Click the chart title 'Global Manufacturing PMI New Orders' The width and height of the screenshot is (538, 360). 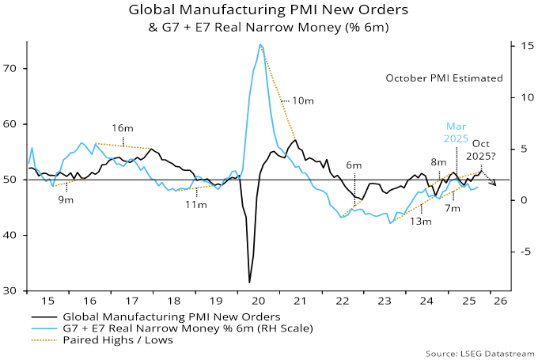tap(269, 12)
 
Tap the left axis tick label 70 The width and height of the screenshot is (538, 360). tap(14, 68)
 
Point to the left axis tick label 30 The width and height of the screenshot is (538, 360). tap(14, 291)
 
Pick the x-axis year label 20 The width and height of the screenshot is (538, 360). tap(256, 301)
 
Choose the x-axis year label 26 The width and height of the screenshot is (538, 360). tap(500, 301)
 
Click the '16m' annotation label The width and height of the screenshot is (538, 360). tap(122, 128)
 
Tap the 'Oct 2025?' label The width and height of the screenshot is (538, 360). tap(482, 150)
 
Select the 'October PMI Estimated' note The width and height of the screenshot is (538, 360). tap(444, 78)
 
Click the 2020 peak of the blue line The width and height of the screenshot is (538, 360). tap(260, 45)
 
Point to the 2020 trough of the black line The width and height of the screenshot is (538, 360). tap(250, 282)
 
